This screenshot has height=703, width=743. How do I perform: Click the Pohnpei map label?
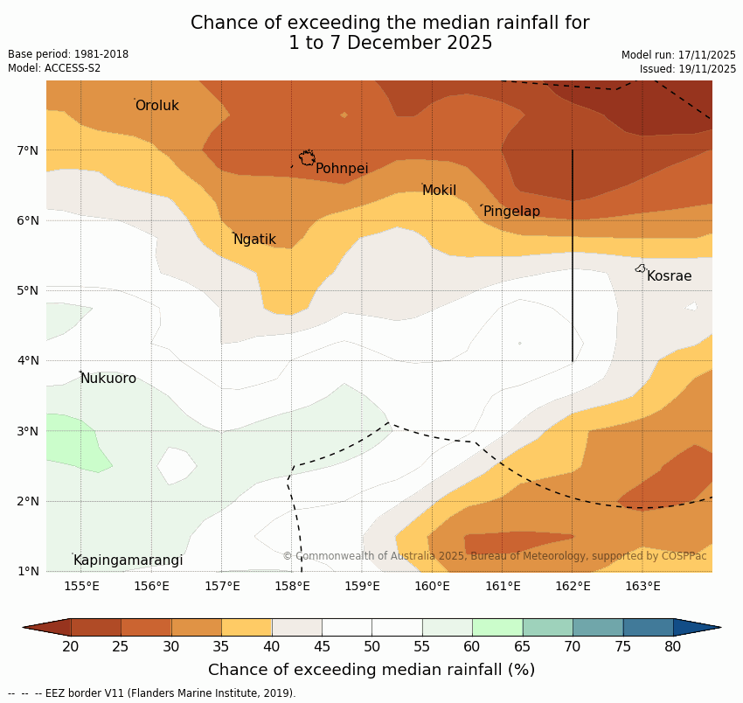(x=341, y=169)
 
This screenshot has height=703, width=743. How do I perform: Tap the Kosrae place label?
(x=669, y=276)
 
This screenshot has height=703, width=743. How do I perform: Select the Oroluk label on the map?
(x=156, y=106)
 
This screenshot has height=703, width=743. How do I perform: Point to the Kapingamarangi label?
(x=128, y=560)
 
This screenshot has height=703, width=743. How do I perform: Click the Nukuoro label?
(x=108, y=379)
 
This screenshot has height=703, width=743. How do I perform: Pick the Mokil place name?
(x=439, y=191)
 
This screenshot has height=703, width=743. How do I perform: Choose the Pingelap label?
(x=511, y=212)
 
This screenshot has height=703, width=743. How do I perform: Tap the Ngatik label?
(x=254, y=240)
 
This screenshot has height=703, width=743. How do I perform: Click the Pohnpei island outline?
(x=307, y=157)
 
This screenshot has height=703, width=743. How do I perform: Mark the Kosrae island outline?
(x=641, y=268)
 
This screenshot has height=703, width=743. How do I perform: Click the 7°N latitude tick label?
(x=28, y=150)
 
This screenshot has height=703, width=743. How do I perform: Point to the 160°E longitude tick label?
(x=432, y=586)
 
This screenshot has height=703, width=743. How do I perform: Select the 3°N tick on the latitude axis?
(x=28, y=431)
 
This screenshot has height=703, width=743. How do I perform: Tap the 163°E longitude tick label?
(x=642, y=586)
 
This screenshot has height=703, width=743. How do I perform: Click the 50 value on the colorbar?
(x=372, y=647)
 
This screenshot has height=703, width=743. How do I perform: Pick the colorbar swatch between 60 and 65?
(x=497, y=627)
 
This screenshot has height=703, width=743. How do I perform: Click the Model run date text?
(x=678, y=54)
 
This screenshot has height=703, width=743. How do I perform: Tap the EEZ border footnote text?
(x=152, y=693)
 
